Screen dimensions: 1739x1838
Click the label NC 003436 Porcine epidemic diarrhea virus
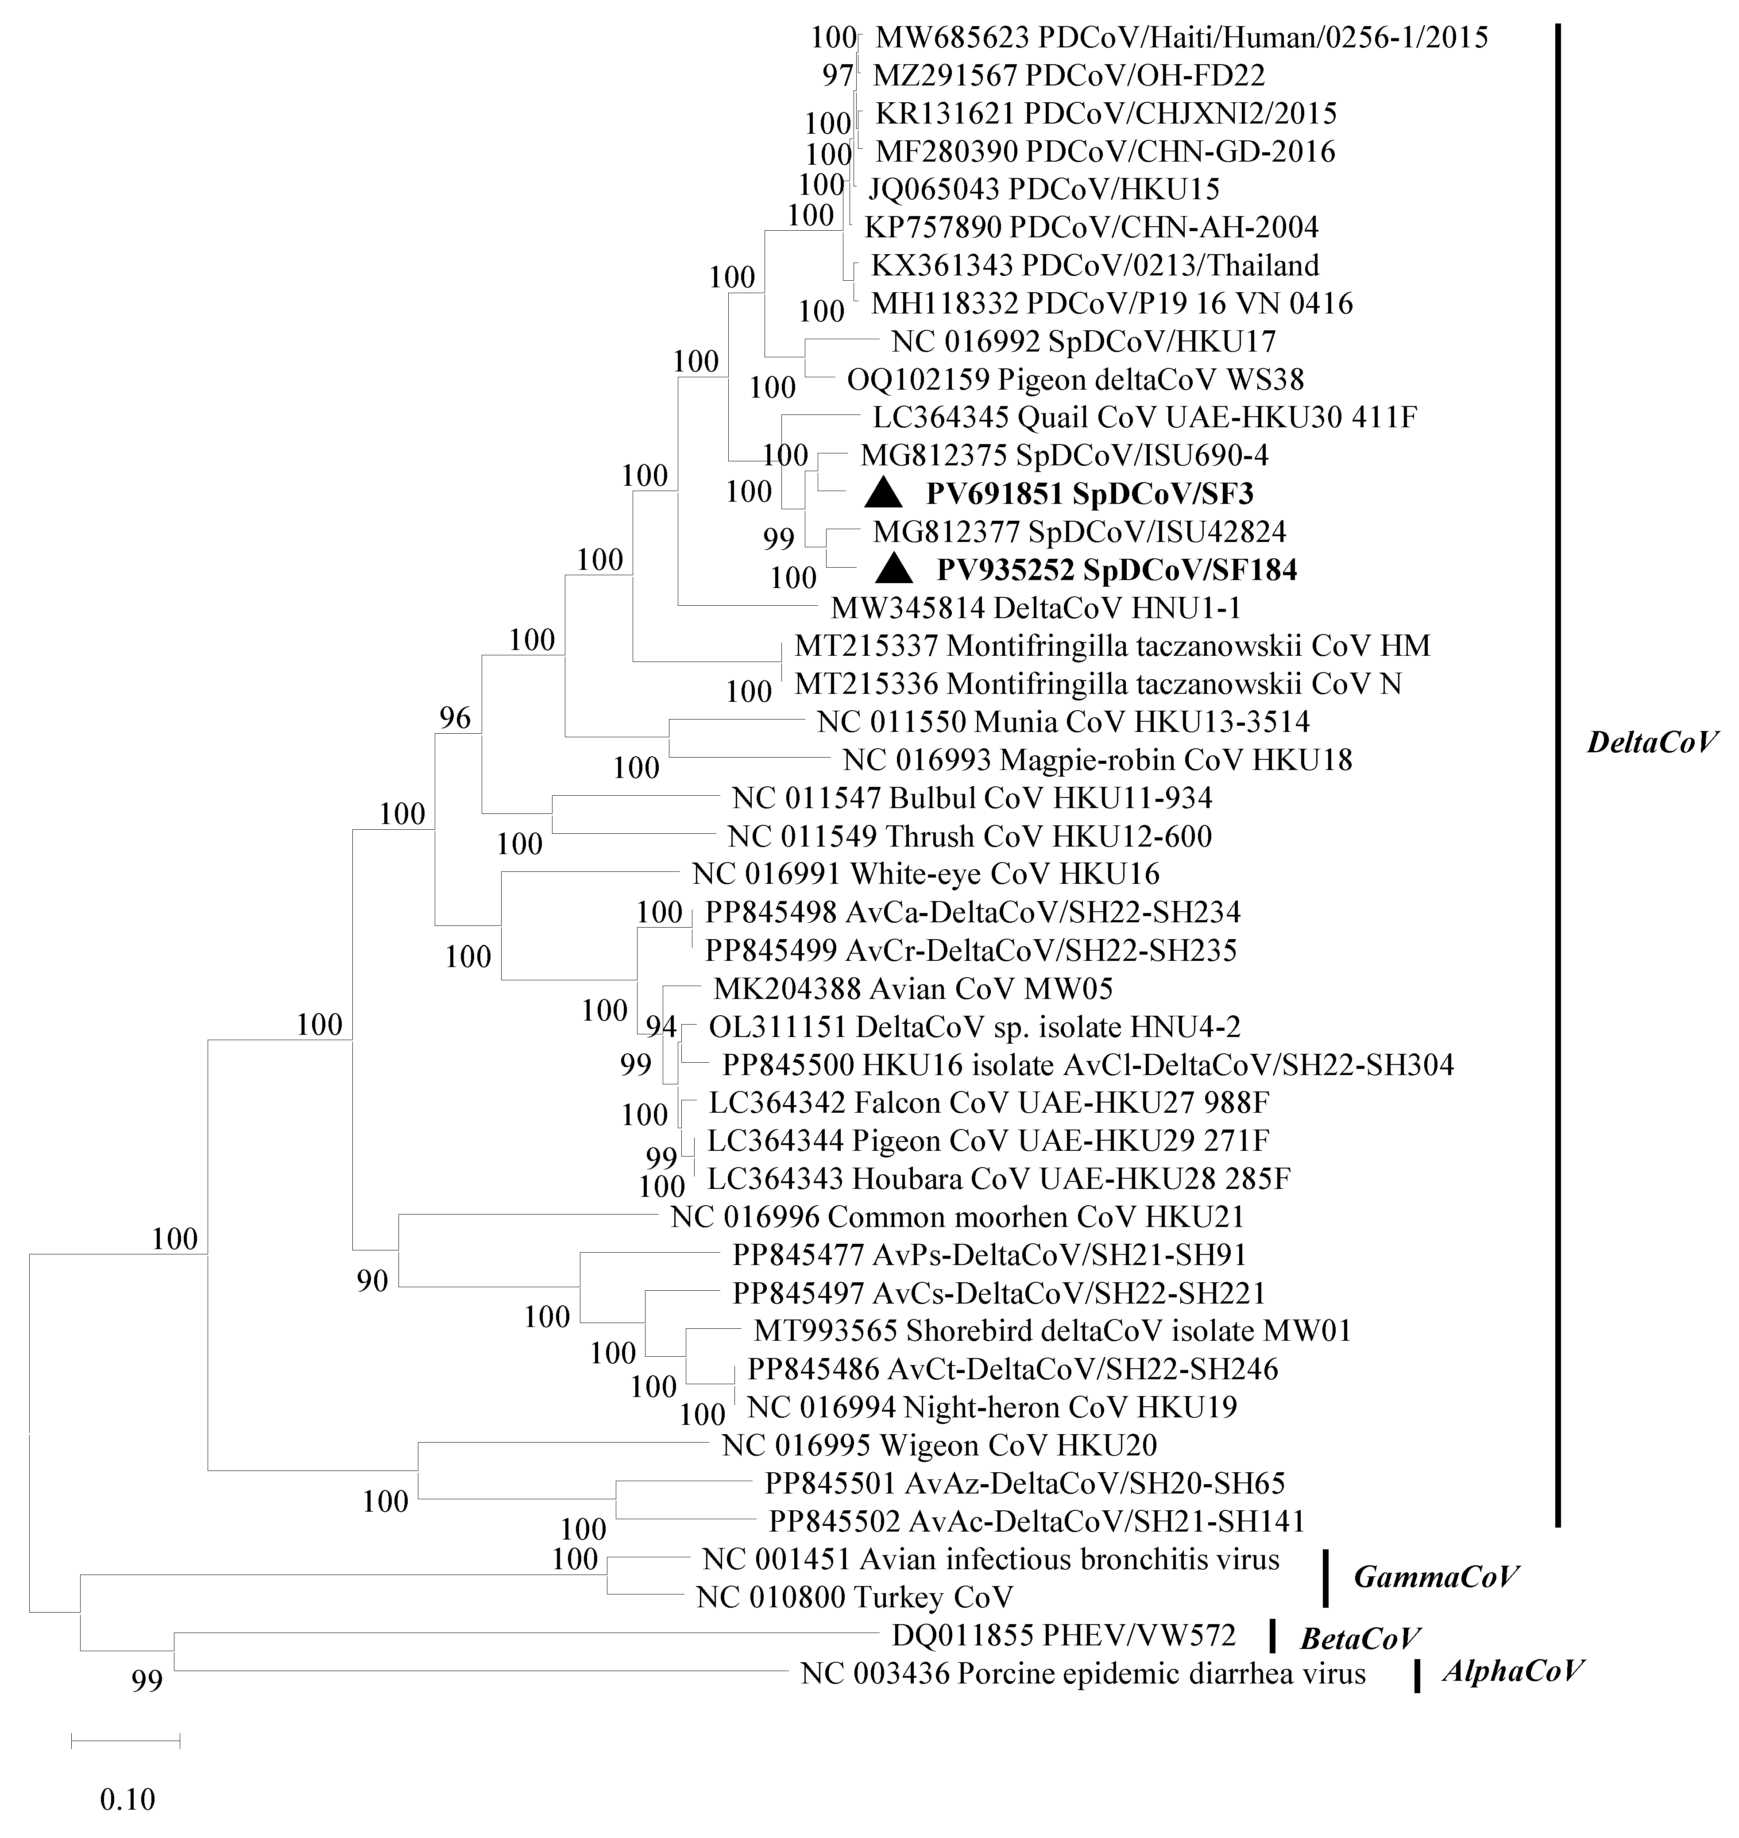point(1083,1674)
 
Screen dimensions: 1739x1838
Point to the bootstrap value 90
point(373,1283)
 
